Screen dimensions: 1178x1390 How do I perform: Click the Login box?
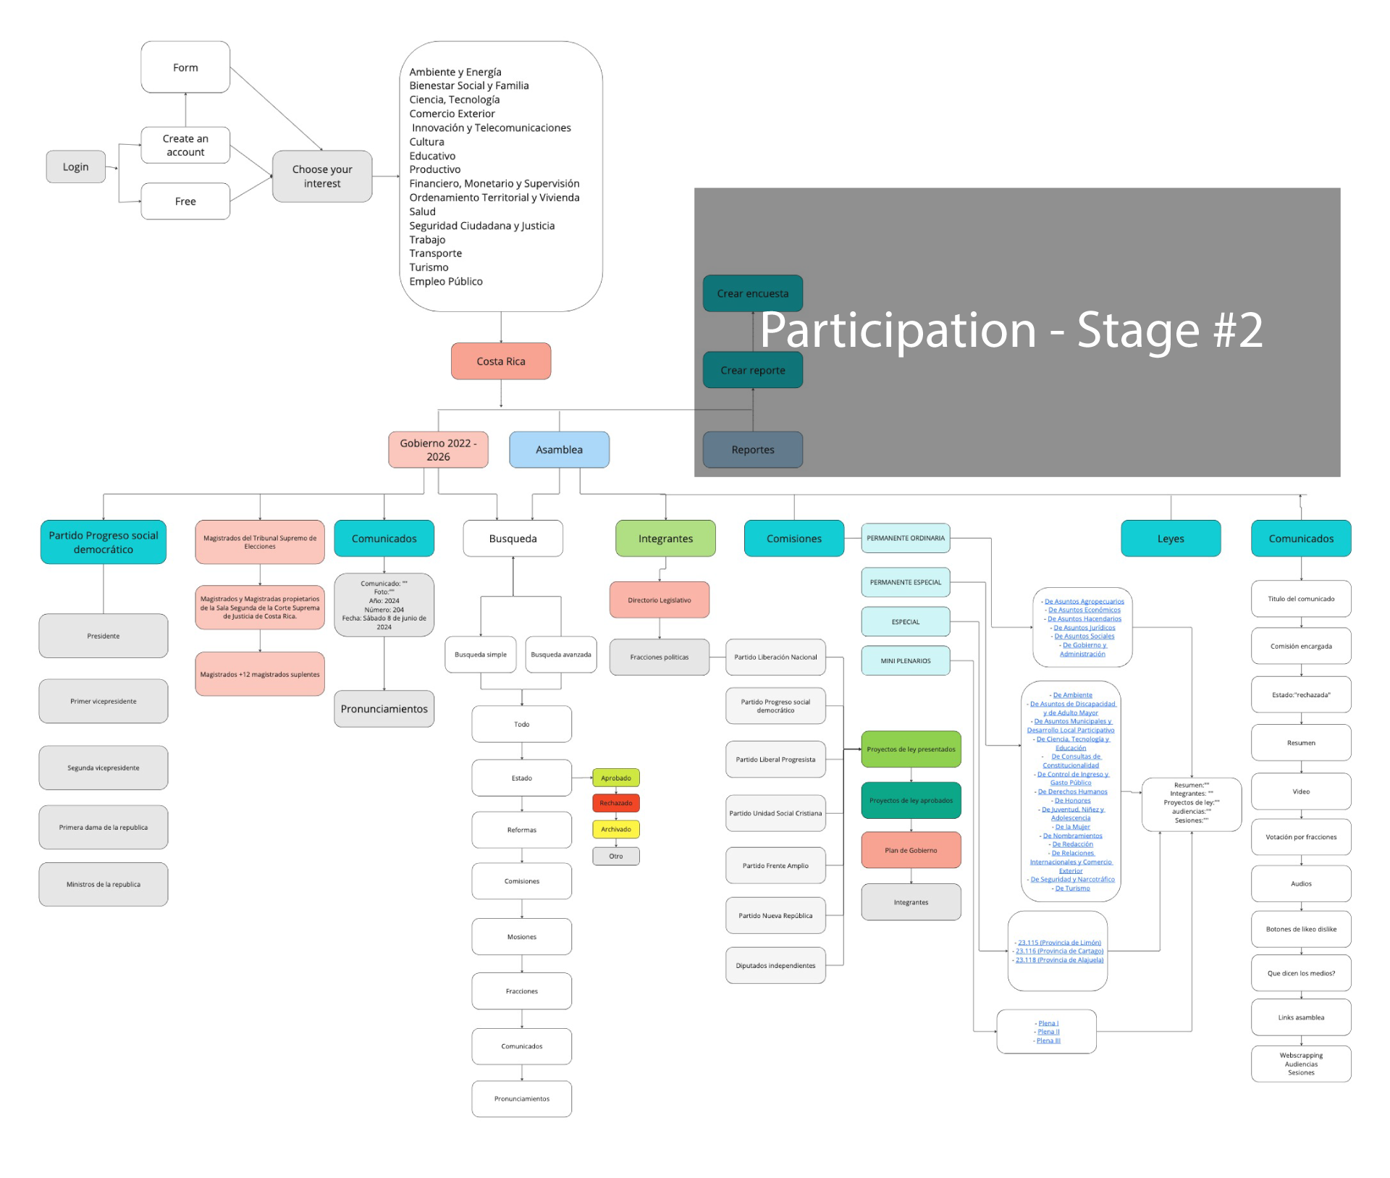tap(75, 167)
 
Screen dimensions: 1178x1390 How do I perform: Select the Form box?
tap(185, 67)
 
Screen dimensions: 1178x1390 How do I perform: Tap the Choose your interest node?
tap(322, 176)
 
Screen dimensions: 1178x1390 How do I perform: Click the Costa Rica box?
tap(500, 361)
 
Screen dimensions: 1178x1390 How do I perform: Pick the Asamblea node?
tap(559, 450)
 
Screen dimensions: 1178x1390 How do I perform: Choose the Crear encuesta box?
tap(752, 293)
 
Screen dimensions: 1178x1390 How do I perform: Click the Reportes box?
tap(752, 450)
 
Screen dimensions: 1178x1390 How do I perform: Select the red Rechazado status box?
tap(615, 803)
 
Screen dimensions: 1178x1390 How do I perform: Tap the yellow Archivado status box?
tap(615, 829)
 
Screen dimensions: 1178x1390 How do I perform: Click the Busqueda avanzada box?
tap(560, 655)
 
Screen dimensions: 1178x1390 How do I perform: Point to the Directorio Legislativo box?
tap(659, 600)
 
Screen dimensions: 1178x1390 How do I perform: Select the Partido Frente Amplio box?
tap(775, 865)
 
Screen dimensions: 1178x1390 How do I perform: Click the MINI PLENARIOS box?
tap(905, 660)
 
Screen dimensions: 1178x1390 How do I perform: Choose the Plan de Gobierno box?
tap(911, 850)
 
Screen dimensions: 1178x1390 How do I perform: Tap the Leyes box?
tap(1170, 539)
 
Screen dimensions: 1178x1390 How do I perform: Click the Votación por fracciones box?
tap(1300, 837)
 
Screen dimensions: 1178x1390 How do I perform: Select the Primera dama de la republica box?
tap(104, 827)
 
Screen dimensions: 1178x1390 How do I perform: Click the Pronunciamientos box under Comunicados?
tap(384, 709)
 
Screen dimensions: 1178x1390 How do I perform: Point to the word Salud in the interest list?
tap(422, 211)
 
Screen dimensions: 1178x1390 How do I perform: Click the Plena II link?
tap(1048, 1032)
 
